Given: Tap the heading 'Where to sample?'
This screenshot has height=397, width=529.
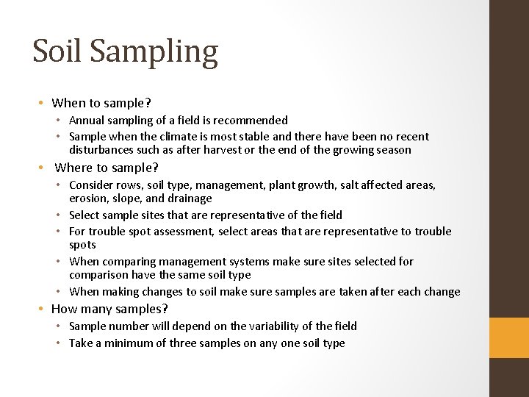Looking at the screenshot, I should [107, 168].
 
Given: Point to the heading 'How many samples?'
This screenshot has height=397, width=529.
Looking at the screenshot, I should [110, 309].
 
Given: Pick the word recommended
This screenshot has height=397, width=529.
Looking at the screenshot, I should [250, 120].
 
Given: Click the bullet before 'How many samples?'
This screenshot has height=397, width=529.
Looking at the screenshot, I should [44, 310].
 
